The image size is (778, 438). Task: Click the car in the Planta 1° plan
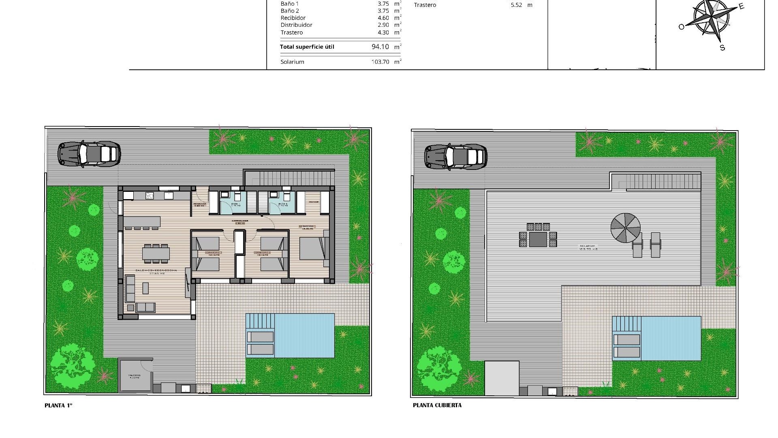point(89,154)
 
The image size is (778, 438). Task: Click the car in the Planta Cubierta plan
point(456,157)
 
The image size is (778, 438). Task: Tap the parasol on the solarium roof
point(626,228)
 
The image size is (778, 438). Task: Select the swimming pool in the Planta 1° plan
point(304,335)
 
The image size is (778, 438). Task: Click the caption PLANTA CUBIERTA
point(437,405)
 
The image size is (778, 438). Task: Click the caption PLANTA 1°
point(58,405)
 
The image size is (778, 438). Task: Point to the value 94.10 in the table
point(380,47)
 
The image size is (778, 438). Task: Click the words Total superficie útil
point(307,47)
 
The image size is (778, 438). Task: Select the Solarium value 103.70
point(380,62)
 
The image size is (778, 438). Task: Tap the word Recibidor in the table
point(293,18)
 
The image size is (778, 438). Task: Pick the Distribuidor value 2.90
point(383,25)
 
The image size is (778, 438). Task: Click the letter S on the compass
point(722,48)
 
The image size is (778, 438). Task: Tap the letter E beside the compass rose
point(742,6)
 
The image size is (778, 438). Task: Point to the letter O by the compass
point(681,27)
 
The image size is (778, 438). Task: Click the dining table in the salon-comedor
point(156,253)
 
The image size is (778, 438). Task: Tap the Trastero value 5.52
point(516,5)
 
